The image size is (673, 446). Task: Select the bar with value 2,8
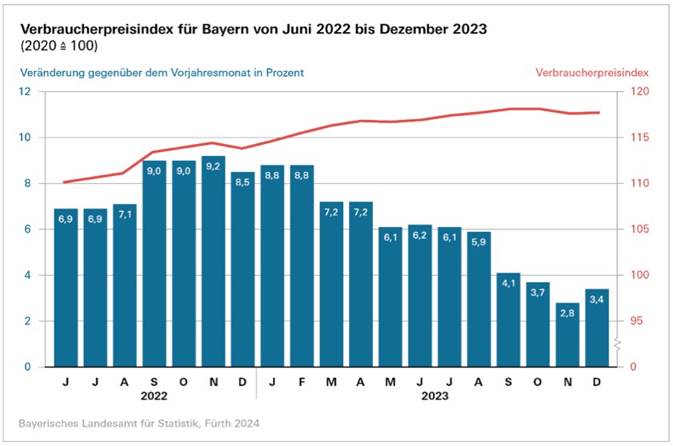pos(568,335)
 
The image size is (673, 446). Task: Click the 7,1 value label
pos(124,214)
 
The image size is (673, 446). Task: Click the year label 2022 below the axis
pos(154,396)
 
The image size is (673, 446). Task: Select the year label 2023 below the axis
pos(435,396)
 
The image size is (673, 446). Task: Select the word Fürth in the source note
pos(195,422)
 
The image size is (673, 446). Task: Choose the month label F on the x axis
pos(302,383)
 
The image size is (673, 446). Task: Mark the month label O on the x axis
pos(539,383)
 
